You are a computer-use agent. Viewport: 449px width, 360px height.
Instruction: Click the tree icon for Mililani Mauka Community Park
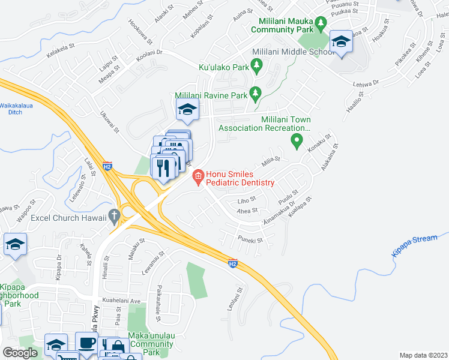coord(321,24)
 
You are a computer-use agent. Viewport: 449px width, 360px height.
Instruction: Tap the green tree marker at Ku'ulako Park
coord(258,64)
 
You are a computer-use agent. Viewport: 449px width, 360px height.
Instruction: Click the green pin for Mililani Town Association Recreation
coord(296,141)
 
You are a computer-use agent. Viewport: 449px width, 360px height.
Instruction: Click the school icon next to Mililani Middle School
coord(342,43)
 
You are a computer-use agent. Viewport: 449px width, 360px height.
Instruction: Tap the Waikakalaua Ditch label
coord(19,108)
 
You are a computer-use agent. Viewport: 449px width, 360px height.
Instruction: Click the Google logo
coord(20,352)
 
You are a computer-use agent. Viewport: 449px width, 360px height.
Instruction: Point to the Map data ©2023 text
coord(423,355)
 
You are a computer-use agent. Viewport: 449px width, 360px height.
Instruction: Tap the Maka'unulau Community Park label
coord(151,344)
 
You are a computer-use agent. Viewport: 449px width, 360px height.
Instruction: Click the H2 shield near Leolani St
coord(233,263)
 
